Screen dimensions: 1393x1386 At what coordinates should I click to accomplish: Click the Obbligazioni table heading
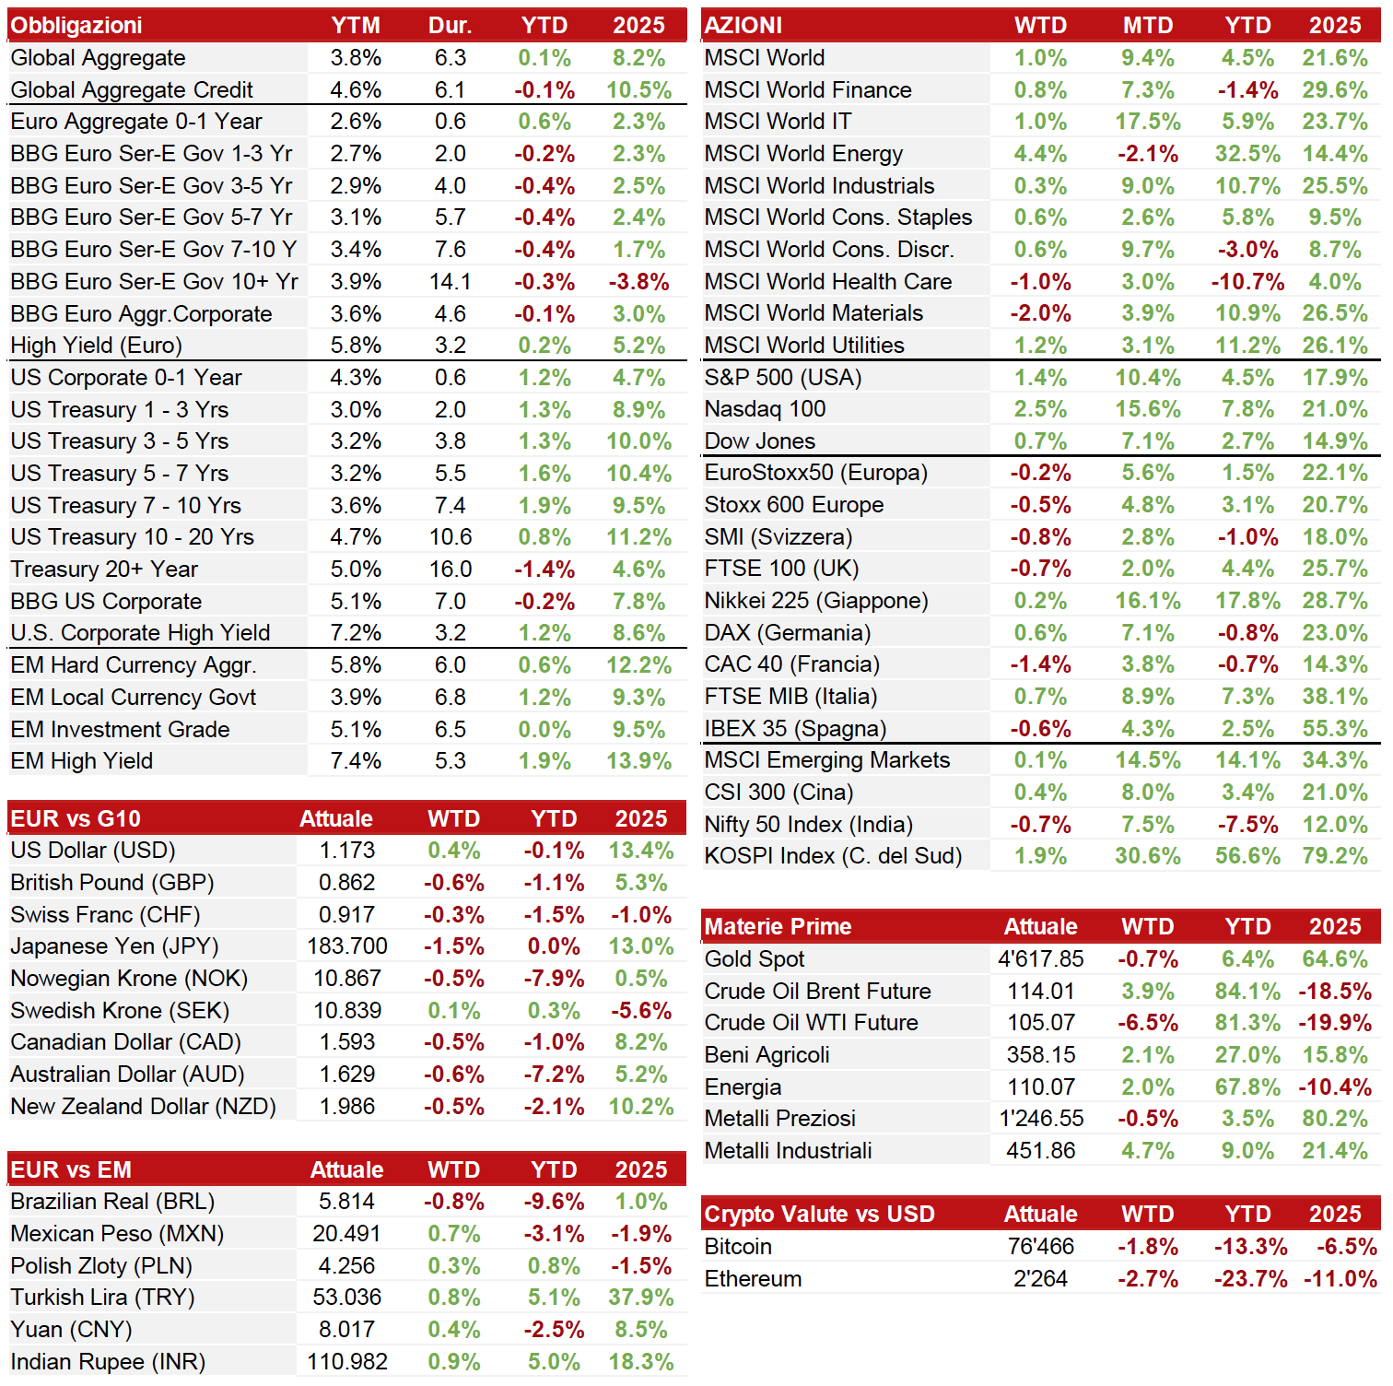76,25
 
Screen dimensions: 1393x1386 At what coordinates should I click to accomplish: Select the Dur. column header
450,25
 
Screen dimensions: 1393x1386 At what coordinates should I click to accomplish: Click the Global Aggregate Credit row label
132,89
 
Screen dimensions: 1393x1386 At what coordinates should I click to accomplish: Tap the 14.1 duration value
450,281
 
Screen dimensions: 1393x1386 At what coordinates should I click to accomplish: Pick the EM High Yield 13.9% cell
638,761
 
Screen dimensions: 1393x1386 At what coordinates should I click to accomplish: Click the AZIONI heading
743,25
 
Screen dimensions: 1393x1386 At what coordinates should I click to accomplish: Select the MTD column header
1148,25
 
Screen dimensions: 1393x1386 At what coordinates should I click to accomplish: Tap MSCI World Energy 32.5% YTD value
1247,153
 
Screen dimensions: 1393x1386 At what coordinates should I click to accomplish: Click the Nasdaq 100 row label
765,409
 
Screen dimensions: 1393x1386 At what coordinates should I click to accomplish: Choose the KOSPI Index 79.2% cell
1335,856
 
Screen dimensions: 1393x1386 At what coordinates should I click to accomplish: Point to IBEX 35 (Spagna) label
795,729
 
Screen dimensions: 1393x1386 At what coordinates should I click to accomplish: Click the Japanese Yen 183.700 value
347,946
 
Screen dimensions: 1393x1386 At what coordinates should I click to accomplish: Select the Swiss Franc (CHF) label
105,915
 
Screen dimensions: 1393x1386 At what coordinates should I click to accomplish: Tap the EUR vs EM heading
71,1169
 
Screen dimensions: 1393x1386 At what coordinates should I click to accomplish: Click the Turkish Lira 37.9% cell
641,1298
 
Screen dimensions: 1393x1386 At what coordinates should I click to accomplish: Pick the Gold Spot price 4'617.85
1041,959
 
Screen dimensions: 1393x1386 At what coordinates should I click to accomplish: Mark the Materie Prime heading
778,926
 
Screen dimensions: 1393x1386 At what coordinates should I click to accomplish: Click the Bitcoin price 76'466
1041,1247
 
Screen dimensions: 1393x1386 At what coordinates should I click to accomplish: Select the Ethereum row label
753,1279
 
